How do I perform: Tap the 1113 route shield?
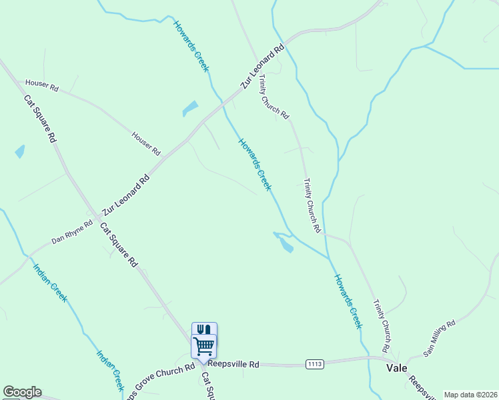(316, 364)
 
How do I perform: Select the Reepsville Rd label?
(233, 364)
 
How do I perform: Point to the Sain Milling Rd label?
(440, 338)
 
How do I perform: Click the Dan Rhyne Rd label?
(72, 232)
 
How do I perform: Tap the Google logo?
(22, 392)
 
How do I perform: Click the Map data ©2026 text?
(470, 395)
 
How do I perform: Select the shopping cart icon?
(204, 345)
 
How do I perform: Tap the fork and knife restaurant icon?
(204, 329)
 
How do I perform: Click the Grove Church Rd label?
(165, 377)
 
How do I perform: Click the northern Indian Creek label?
(51, 283)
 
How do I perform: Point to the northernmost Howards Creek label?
(191, 47)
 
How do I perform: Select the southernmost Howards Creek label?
(348, 301)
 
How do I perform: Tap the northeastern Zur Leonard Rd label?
(263, 67)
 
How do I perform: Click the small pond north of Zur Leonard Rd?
(190, 108)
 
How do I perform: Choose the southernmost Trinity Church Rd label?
(382, 325)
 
